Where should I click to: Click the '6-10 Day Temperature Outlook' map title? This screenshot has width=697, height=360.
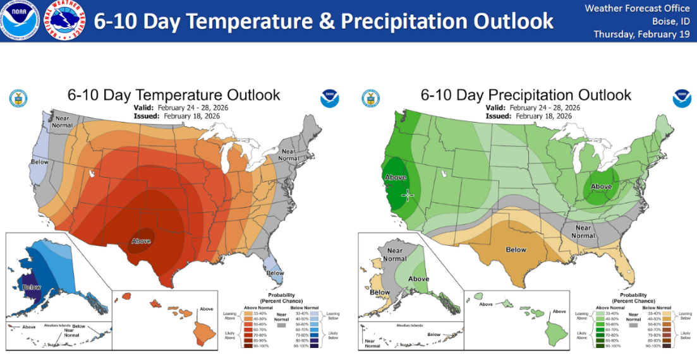click(174, 95)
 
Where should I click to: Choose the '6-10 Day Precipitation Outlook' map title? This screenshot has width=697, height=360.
click(526, 95)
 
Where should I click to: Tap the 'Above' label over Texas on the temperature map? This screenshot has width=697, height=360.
click(141, 241)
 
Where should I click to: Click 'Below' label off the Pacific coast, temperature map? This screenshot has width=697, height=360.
click(39, 162)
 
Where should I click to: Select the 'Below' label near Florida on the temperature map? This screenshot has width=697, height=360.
click(275, 273)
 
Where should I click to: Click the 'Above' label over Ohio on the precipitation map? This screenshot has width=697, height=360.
click(601, 186)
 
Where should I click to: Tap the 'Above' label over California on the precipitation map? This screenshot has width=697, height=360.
click(396, 177)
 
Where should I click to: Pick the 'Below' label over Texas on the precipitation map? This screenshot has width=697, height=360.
click(516, 249)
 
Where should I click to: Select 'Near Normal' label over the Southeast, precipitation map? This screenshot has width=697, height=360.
click(583, 232)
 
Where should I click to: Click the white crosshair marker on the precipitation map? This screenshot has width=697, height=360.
click(408, 195)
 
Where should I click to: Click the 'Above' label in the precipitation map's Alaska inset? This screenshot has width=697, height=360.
click(418, 279)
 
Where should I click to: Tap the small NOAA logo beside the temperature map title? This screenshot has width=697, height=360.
click(329, 98)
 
